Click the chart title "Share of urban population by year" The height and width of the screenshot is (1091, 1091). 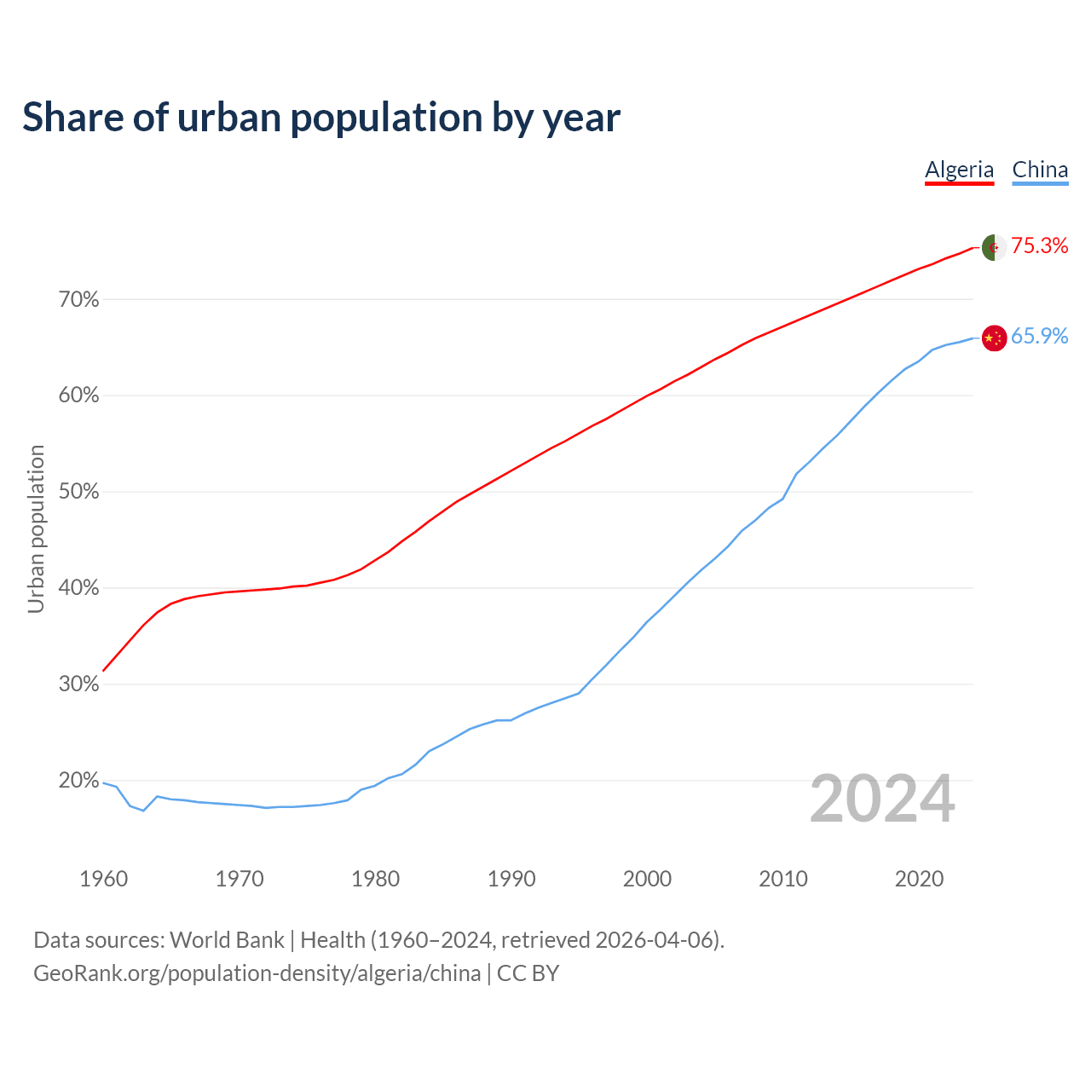[321, 118]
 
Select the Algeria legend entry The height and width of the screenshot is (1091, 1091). [959, 170]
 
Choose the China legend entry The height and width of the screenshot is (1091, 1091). [1040, 170]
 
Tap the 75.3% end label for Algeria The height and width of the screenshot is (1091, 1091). [1040, 246]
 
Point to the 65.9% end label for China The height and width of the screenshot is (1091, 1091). [1040, 337]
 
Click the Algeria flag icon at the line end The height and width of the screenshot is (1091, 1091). [994, 247]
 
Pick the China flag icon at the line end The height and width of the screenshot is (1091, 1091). [994, 338]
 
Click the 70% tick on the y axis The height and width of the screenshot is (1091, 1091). [78, 300]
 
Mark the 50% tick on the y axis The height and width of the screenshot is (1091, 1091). [78, 493]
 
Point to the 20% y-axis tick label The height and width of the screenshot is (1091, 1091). [78, 781]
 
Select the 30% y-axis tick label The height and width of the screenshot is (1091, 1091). [78, 684]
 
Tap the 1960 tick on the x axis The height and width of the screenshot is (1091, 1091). [103, 879]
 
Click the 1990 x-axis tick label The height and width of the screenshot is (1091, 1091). [511, 879]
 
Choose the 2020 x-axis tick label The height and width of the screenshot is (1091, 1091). [919, 879]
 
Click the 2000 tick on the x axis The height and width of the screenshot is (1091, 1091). [647, 879]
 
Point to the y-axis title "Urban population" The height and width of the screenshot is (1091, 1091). [36, 528]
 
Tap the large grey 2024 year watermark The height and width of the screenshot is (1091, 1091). [882, 799]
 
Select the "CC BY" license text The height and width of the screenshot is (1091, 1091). [528, 973]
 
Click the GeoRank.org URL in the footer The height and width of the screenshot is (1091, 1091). [257, 973]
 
